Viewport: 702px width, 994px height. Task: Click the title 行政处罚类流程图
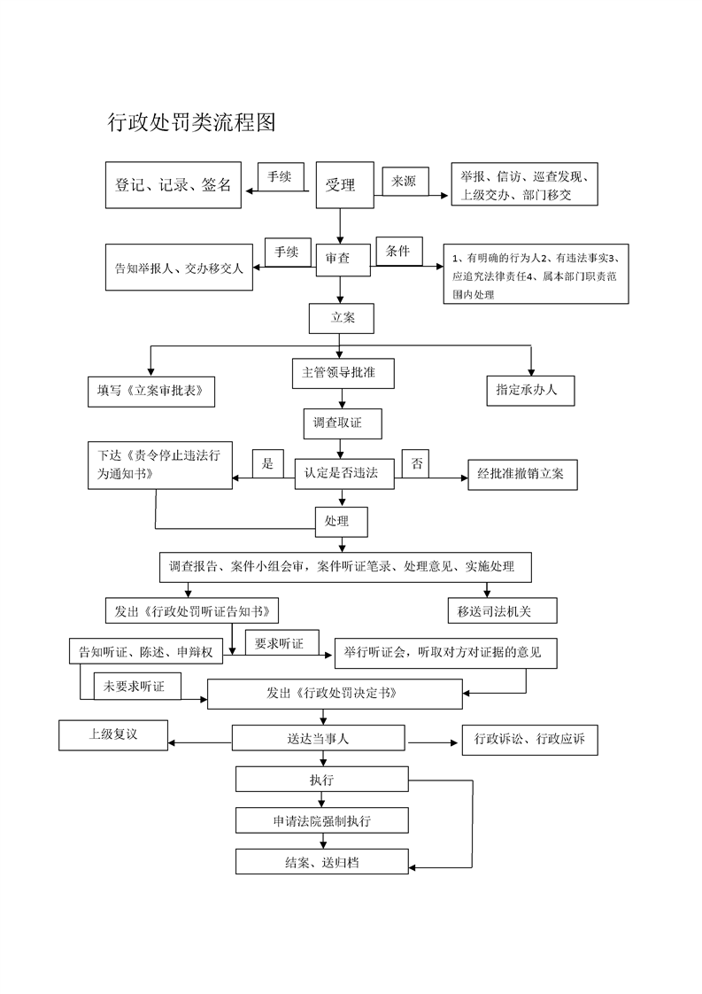[x=192, y=123]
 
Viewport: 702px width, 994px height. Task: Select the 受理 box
[x=341, y=185]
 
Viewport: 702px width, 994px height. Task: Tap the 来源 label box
[x=404, y=181]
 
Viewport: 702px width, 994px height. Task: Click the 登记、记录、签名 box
[x=174, y=185]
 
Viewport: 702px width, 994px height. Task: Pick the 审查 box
[x=338, y=258]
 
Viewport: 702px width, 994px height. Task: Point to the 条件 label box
[x=398, y=252]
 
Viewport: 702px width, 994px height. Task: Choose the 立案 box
[x=343, y=317]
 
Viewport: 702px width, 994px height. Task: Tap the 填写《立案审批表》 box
[x=151, y=390]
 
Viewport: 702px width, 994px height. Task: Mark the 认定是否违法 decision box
[x=343, y=474]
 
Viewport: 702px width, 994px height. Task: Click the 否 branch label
[x=417, y=464]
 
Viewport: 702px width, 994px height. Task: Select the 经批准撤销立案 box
[x=522, y=475]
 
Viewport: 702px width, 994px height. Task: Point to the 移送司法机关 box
[x=502, y=610]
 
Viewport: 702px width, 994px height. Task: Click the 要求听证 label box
[x=282, y=643]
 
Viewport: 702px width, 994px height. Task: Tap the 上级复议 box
[x=113, y=734]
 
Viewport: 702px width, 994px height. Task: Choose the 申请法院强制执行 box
[x=322, y=821]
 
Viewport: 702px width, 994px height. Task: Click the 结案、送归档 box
[x=322, y=862]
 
